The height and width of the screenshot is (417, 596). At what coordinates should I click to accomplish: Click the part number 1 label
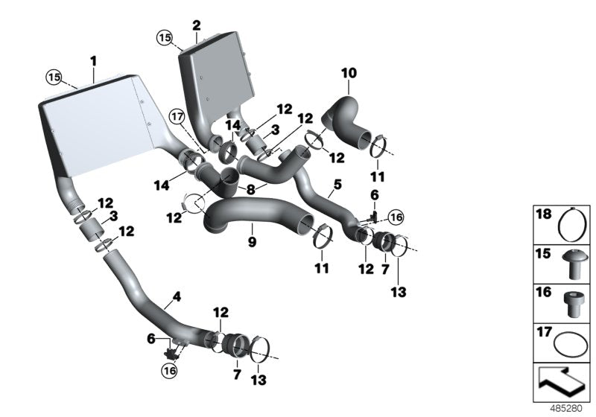pyautogui.click(x=94, y=59)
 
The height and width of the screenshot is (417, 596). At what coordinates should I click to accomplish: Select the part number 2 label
pyautogui.click(x=196, y=25)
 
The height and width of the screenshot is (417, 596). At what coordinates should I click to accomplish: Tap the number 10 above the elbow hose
pyautogui.click(x=349, y=73)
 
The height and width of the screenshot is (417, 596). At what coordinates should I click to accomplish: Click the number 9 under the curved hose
pyautogui.click(x=252, y=242)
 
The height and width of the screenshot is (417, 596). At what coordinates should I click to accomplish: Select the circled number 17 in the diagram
pyautogui.click(x=176, y=117)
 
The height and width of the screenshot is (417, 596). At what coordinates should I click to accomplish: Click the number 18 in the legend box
pyautogui.click(x=545, y=216)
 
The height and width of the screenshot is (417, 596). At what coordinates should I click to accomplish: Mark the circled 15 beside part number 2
pyautogui.click(x=164, y=36)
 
